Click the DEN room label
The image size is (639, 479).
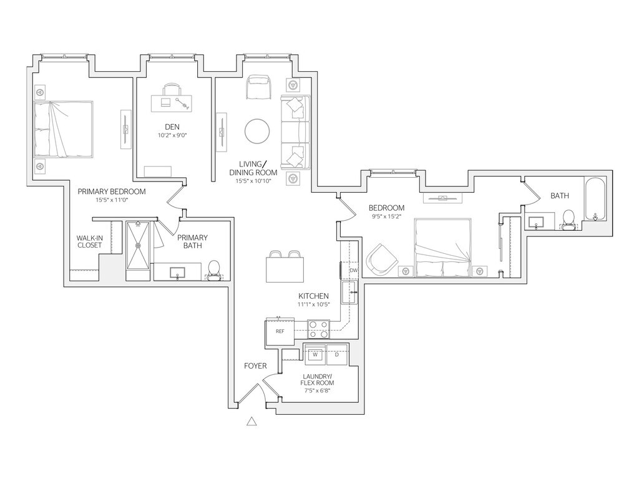coord(163,127)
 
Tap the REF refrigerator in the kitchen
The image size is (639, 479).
coord(280,331)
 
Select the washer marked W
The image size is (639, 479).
coord(315,354)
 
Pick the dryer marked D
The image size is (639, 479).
coord(337,354)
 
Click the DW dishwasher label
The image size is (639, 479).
coord(353,270)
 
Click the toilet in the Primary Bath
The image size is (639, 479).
coord(214,270)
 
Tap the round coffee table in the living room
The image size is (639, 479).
coord(258,131)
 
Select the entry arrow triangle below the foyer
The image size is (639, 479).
coord(252,422)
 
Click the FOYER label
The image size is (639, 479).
coord(255,366)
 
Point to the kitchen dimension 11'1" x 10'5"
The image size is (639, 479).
coord(313,304)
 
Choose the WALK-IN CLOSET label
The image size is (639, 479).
coord(89,241)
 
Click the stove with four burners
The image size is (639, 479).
coord(319,328)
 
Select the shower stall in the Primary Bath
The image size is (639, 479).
coord(139,245)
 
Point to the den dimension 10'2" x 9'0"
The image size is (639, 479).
coord(163,135)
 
